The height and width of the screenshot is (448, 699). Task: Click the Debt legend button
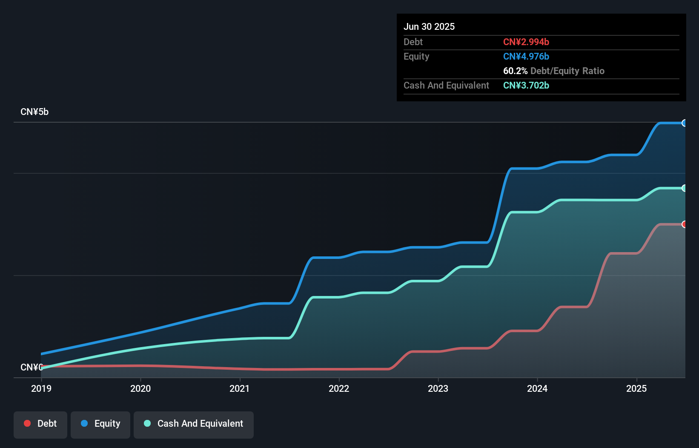[40, 424]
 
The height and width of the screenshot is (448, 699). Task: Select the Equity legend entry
[100, 424]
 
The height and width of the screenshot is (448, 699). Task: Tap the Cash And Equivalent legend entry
[194, 424]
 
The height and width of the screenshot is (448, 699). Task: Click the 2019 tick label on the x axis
[41, 388]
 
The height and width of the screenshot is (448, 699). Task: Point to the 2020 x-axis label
[140, 388]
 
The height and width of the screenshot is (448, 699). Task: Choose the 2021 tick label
[240, 388]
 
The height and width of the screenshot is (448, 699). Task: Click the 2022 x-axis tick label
[339, 388]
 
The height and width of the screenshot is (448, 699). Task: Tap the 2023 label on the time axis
[438, 388]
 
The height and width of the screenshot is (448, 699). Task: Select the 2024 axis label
[537, 388]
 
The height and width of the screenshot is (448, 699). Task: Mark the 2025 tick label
[636, 388]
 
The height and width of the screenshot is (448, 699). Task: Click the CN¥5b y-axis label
[34, 112]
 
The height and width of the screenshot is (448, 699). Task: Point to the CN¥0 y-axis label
[32, 367]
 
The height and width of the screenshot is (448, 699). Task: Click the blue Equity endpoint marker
[684, 123]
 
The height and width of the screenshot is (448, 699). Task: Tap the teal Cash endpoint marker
[684, 188]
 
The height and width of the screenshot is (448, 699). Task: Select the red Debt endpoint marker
[684, 224]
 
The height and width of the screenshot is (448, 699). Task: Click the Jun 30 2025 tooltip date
[429, 26]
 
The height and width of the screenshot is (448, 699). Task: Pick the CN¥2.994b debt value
[526, 42]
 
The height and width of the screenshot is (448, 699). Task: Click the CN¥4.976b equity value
[526, 56]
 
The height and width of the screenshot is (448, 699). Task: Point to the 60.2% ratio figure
[515, 71]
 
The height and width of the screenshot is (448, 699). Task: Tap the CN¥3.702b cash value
[526, 85]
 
